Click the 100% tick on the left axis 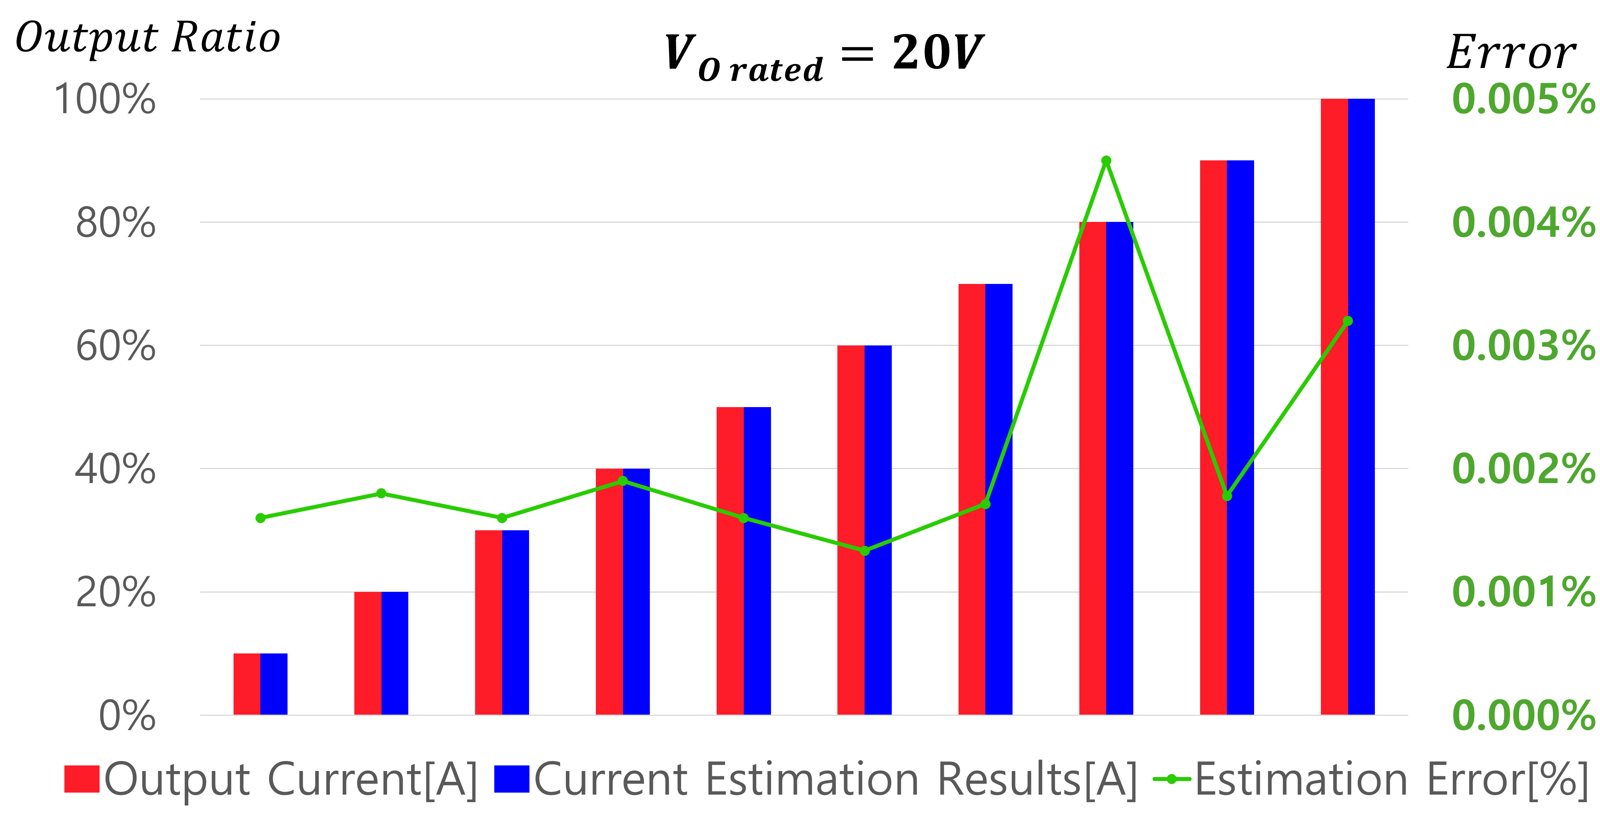pyautogui.click(x=104, y=99)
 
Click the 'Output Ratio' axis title pyautogui.click(x=148, y=38)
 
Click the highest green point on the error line pyautogui.click(x=1106, y=161)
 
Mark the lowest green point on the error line pyautogui.click(x=865, y=551)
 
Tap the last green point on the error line pyautogui.click(x=1348, y=321)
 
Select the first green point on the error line pyautogui.click(x=260, y=518)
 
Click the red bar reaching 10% pyautogui.click(x=247, y=684)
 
